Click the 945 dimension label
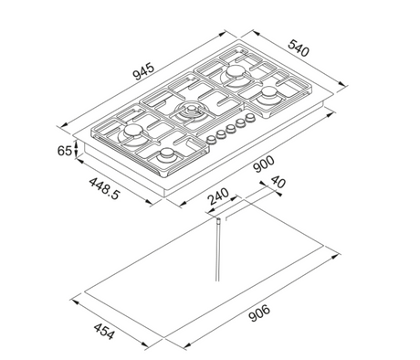(143, 71)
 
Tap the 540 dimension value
(299, 48)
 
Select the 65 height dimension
(65, 151)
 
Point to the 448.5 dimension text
(105, 189)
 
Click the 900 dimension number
(264, 164)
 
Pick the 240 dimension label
(218, 196)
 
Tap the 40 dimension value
(278, 182)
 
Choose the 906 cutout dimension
(259, 312)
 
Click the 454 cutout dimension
(104, 332)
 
